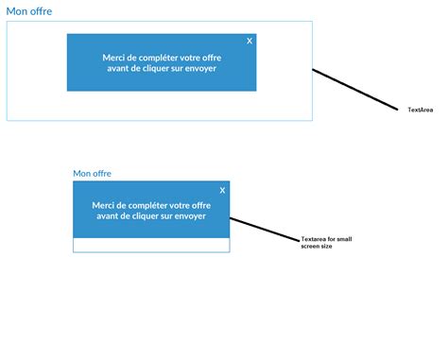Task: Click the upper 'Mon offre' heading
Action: click(x=29, y=11)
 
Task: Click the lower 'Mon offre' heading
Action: click(x=98, y=174)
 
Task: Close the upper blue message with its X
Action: click(x=250, y=41)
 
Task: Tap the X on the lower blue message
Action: click(x=222, y=191)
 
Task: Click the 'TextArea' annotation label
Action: click(x=420, y=111)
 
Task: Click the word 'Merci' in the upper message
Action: click(x=117, y=57)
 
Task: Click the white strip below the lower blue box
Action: click(x=151, y=245)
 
